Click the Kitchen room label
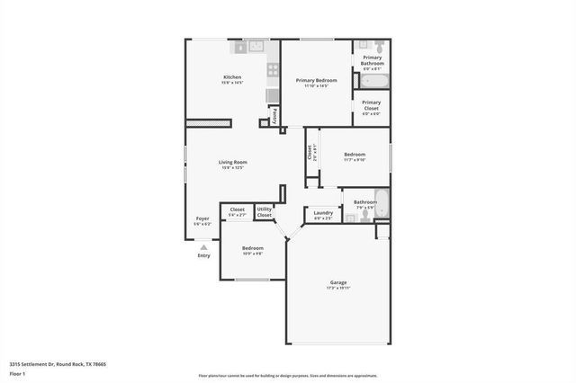click(x=232, y=77)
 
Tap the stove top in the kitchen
click(x=273, y=68)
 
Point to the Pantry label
click(x=274, y=114)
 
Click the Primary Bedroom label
click(x=316, y=80)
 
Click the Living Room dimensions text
click(x=232, y=168)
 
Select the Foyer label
click(x=202, y=218)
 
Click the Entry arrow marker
click(x=203, y=247)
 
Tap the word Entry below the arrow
click(x=203, y=256)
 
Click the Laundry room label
click(x=323, y=212)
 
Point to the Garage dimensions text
click(x=337, y=289)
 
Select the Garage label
click(x=337, y=282)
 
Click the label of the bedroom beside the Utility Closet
click(x=253, y=247)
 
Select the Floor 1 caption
click(x=18, y=373)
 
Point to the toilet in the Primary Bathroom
click(x=379, y=47)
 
